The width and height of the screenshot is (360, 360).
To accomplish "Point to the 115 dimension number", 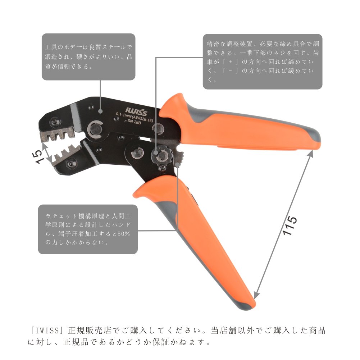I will point(290,226).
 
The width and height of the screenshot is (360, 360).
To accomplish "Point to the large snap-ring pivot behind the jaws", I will point(96,128).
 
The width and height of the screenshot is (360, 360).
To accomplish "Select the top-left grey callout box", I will point(88,56).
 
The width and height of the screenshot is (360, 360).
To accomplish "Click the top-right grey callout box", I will point(262,61).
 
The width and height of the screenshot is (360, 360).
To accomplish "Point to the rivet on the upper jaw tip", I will point(54,124).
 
